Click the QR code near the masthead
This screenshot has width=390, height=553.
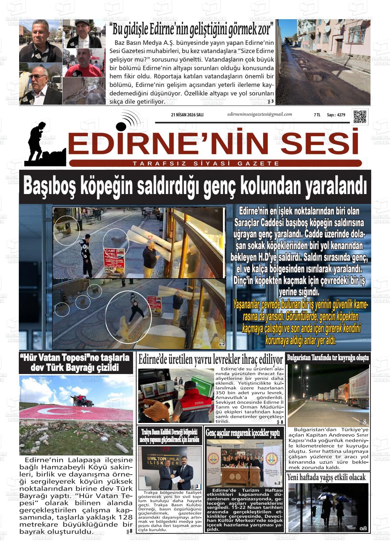coord(360,116)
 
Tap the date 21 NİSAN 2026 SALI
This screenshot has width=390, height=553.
coord(187,115)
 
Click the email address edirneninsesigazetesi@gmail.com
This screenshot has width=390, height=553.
coord(259,114)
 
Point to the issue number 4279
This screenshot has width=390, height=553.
coord(341,115)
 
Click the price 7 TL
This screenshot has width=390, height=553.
coord(317,115)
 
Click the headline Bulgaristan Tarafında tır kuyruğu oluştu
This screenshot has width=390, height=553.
coord(328,358)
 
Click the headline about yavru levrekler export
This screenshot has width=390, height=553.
coord(210,360)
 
